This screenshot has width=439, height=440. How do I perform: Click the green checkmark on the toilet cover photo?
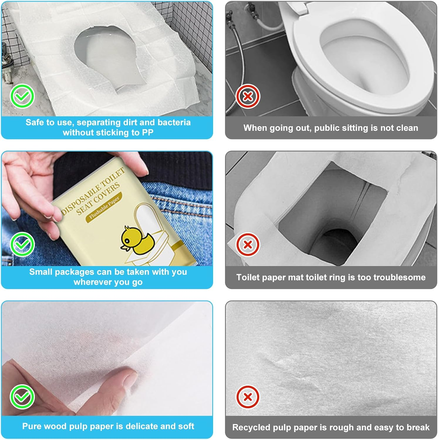point(22,96)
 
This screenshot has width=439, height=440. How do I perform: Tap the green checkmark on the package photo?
point(22,244)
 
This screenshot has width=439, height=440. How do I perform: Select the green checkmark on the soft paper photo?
point(22,397)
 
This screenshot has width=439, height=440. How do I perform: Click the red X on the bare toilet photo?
point(248,96)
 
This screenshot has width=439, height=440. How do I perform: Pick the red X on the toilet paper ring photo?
point(248,244)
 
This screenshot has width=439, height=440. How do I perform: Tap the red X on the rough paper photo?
point(248,397)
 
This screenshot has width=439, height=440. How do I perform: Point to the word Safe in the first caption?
point(35,122)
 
